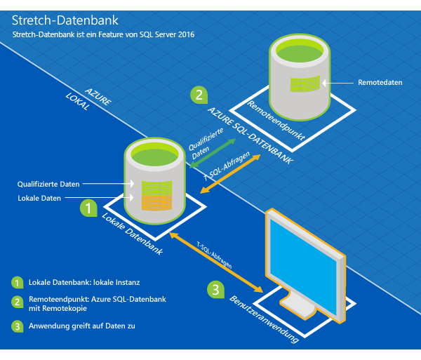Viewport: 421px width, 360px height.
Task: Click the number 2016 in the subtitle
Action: click(x=185, y=34)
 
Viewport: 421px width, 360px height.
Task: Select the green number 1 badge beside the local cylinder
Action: click(x=88, y=208)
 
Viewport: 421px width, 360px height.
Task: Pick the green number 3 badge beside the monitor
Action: click(x=218, y=288)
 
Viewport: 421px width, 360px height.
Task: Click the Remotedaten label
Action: click(x=380, y=82)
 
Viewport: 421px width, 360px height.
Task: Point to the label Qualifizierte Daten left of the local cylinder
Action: click(x=48, y=184)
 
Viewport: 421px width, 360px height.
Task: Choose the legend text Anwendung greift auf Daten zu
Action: click(x=83, y=326)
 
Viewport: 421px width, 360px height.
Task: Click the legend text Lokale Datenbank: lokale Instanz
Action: click(x=84, y=282)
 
